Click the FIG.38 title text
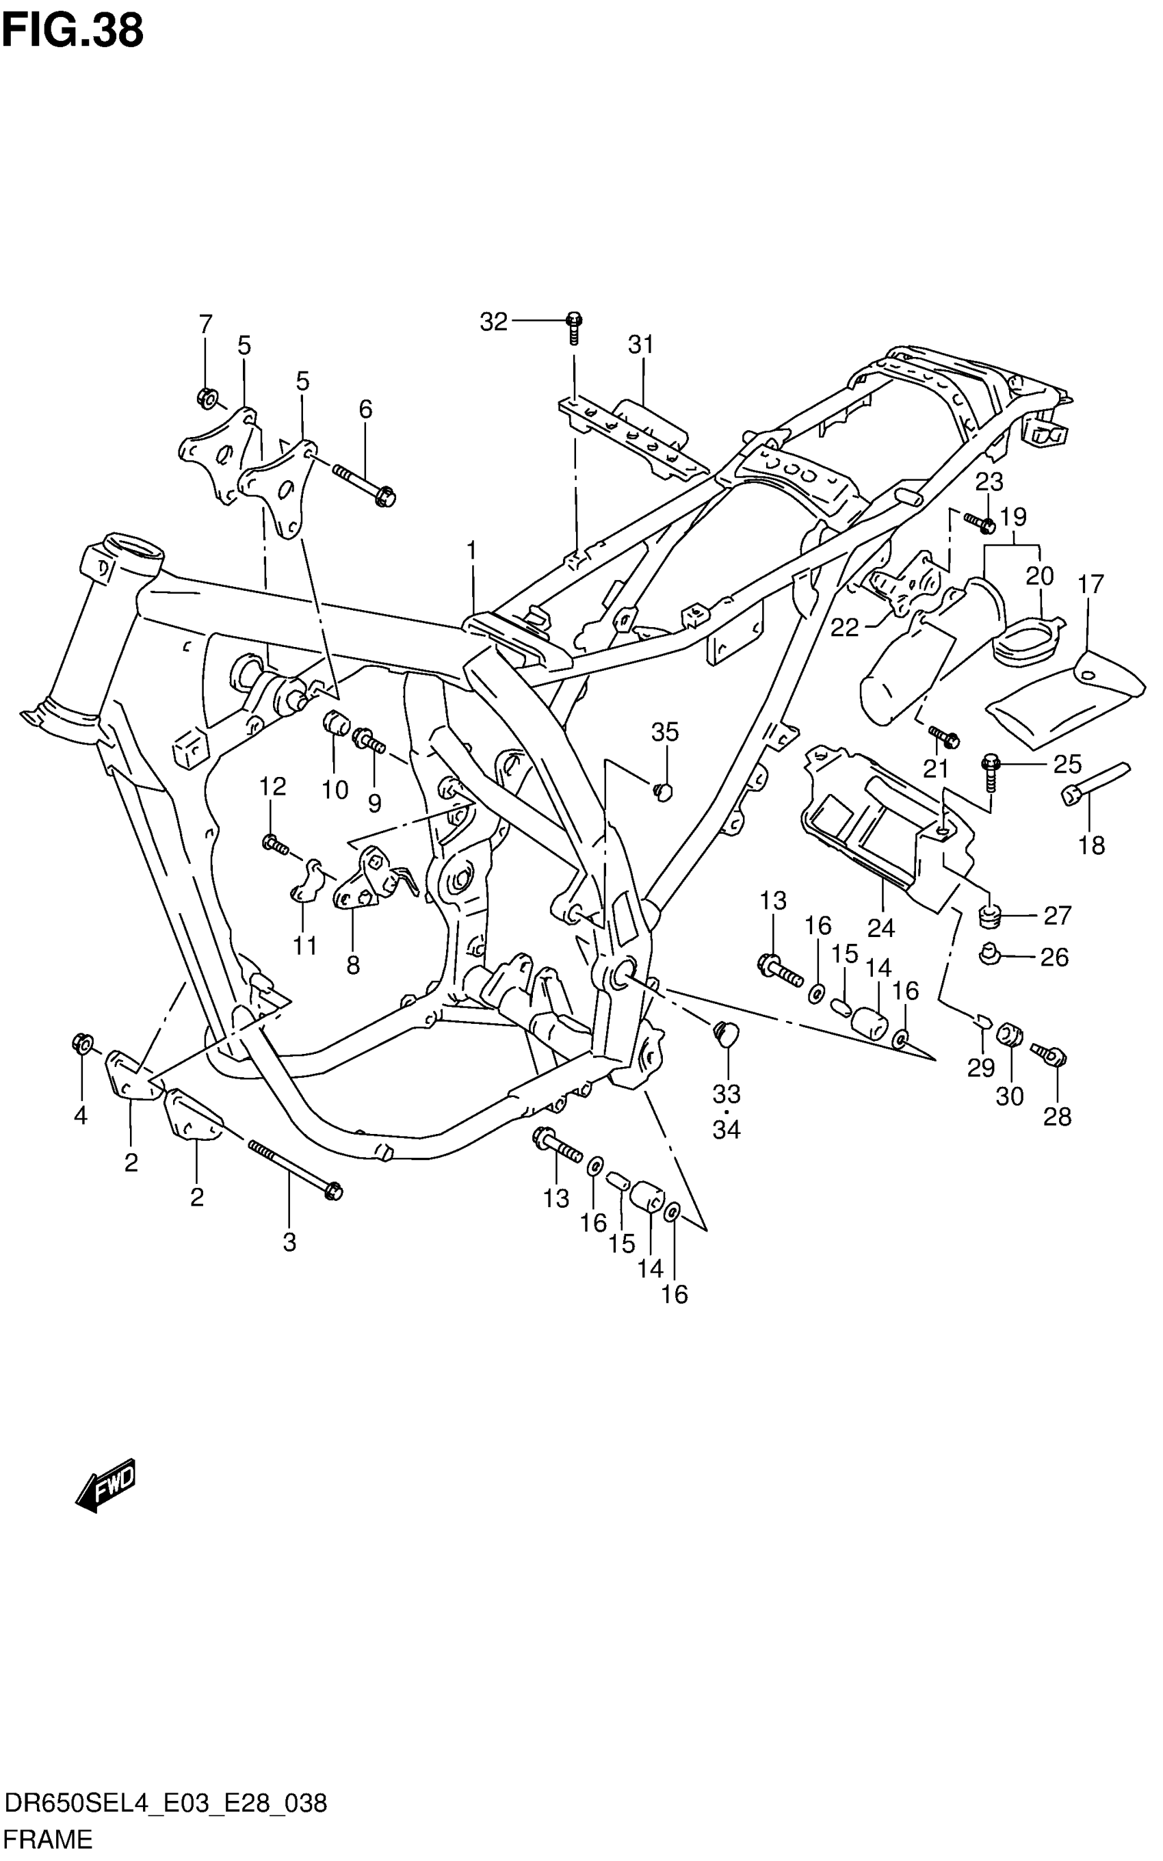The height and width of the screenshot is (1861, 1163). [x=73, y=31]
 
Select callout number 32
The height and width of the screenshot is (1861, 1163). [x=494, y=322]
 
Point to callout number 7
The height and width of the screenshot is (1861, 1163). [x=205, y=324]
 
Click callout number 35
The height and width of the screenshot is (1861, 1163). [x=666, y=732]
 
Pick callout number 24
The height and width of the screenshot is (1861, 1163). [x=880, y=928]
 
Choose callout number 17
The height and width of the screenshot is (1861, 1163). [x=1090, y=585]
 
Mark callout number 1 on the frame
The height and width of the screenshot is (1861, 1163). [x=471, y=551]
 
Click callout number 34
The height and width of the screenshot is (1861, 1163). [x=726, y=1130]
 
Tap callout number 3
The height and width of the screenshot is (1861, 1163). [x=289, y=1242]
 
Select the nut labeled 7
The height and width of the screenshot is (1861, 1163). [x=205, y=397]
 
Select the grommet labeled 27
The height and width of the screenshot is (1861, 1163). [x=989, y=916]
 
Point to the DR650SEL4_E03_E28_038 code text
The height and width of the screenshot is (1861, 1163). [x=166, y=1799]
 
